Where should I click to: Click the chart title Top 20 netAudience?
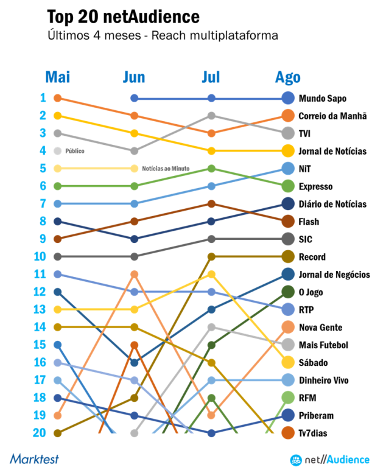(x=122, y=15)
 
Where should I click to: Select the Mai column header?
(x=58, y=77)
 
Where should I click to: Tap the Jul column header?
(x=211, y=77)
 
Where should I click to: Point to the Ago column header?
(x=288, y=77)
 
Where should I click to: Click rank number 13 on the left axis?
(x=39, y=309)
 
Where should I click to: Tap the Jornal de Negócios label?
(x=334, y=275)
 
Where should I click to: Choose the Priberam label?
(x=316, y=416)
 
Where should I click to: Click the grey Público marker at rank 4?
(x=58, y=151)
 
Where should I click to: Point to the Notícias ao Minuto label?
(x=165, y=169)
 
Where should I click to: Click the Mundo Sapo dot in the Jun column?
(x=135, y=98)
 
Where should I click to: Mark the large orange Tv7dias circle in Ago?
(x=289, y=433)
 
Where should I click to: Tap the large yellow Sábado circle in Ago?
(x=289, y=363)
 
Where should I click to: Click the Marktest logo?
(x=34, y=458)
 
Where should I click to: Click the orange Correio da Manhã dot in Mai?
(x=57, y=98)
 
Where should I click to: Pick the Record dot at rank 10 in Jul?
(x=211, y=257)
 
